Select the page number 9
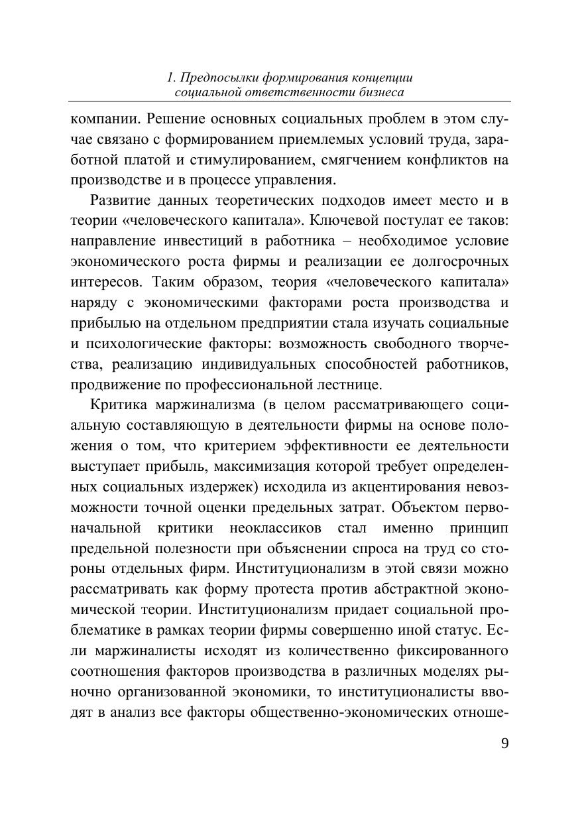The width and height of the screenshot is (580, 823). point(505,743)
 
